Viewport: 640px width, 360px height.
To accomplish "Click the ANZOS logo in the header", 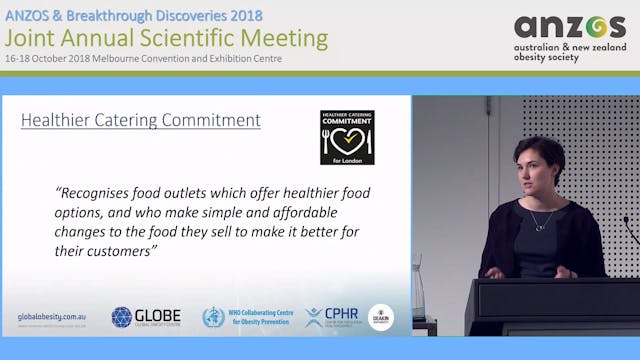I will [569, 27].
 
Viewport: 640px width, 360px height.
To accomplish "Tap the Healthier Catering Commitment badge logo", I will [347, 137].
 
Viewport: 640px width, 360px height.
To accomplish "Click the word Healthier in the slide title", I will [55, 121].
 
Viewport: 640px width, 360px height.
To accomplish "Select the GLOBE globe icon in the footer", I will [122, 317].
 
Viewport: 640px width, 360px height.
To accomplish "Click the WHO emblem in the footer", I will [213, 318].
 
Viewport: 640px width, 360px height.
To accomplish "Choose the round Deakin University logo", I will [380, 317].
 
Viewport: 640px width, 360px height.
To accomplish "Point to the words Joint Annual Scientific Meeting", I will [166, 38].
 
